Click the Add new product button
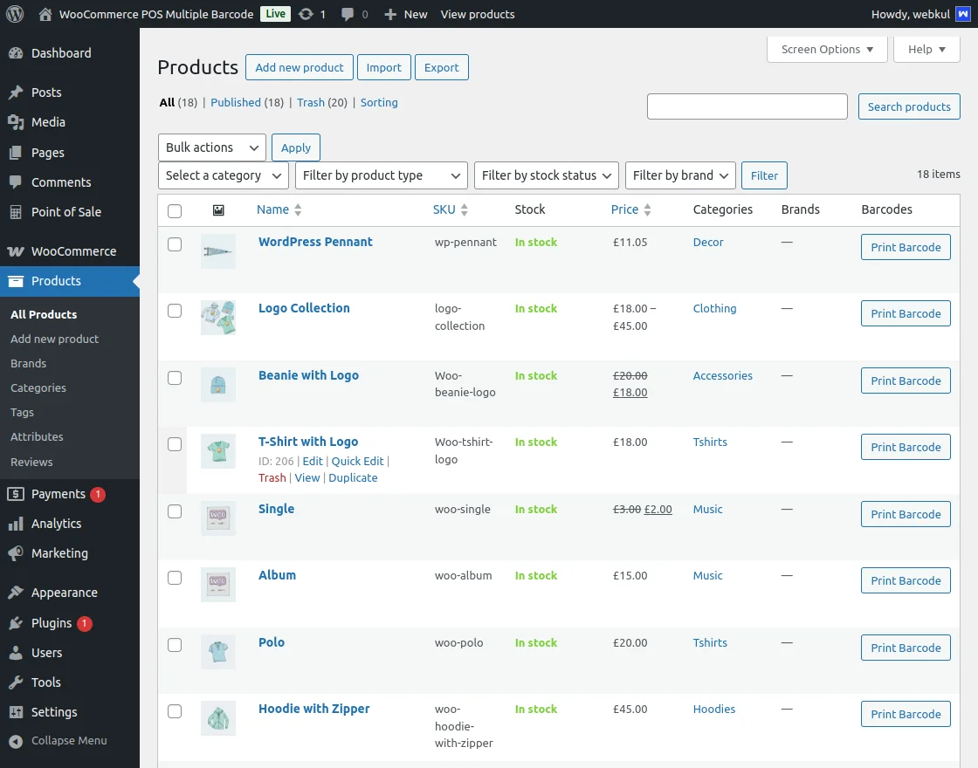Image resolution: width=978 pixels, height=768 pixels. [x=300, y=67]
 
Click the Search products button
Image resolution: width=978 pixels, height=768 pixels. [x=908, y=106]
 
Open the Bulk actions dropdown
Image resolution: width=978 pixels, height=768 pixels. [x=211, y=147]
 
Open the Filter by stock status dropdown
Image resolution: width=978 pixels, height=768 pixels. [x=547, y=175]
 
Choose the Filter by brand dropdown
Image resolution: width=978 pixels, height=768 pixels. [x=680, y=175]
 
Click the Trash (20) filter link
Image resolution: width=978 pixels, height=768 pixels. [x=310, y=102]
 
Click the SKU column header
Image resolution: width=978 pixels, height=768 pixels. [x=444, y=209]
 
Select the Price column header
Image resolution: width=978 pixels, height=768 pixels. [x=624, y=209]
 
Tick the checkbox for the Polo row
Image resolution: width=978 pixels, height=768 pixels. [x=175, y=645]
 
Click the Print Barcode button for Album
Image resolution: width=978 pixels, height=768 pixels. [x=906, y=580]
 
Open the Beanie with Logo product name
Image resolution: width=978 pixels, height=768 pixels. [x=308, y=375]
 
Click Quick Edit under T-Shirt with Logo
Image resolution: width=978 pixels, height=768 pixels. [x=357, y=461]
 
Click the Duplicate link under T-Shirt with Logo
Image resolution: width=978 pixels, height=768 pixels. [x=353, y=477]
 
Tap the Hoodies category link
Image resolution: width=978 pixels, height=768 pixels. [x=714, y=709]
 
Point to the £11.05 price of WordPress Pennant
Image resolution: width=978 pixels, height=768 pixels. [x=630, y=242]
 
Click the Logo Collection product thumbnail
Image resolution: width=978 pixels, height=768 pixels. [x=217, y=318]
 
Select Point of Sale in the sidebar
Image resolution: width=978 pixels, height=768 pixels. [x=65, y=212]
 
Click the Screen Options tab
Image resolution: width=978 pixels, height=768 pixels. [x=826, y=50]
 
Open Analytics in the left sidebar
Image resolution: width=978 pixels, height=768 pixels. [x=56, y=524]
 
